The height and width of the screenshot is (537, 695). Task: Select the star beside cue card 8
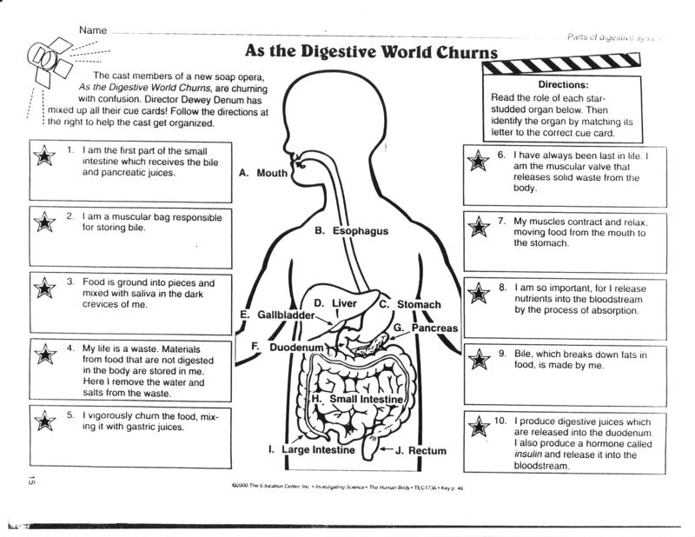tap(477, 294)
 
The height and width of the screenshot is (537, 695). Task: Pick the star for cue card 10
tap(477, 427)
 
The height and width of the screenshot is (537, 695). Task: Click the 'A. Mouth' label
tap(262, 173)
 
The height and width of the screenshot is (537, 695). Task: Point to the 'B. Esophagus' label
tap(351, 231)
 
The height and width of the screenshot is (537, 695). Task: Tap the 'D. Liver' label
tap(335, 302)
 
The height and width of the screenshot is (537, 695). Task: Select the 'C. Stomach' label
tap(410, 304)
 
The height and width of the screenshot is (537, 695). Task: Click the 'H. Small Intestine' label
tap(357, 398)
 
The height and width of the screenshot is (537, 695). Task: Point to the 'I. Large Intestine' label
tap(310, 450)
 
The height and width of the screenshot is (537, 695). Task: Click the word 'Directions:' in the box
tap(564, 85)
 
